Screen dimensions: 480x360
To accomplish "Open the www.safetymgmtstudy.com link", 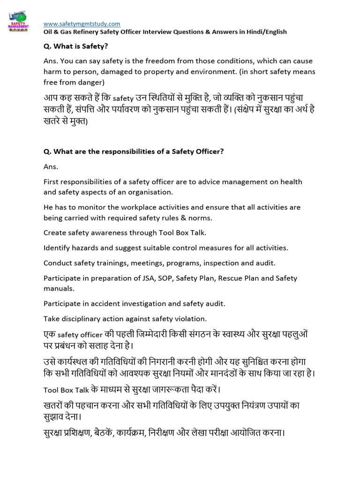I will pyautogui.click(x=82, y=23).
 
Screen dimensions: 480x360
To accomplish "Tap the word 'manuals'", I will pyautogui.click(x=59, y=288).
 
